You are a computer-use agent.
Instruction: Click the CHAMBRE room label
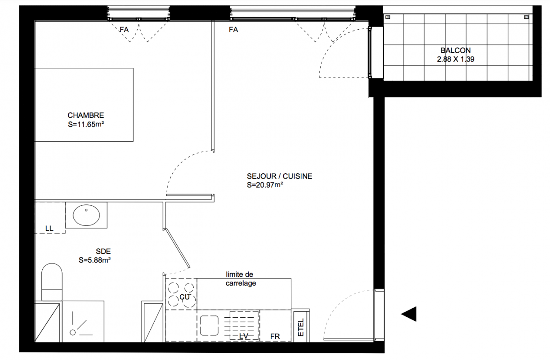pyautogui.click(x=86, y=115)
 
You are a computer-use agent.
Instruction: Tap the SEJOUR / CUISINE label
pyautogui.click(x=279, y=176)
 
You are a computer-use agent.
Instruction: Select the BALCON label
pyautogui.click(x=456, y=50)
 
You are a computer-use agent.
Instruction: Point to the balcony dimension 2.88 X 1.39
pyautogui.click(x=456, y=59)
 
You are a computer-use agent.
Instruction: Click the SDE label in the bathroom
pyautogui.click(x=103, y=252)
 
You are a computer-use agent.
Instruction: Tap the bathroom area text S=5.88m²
pyautogui.click(x=94, y=260)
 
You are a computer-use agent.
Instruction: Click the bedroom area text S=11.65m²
pyautogui.click(x=86, y=124)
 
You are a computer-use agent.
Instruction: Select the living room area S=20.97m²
pyautogui.click(x=265, y=185)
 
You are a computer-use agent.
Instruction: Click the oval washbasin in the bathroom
pyautogui.click(x=86, y=215)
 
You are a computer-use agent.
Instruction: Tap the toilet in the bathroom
pyautogui.click(x=52, y=282)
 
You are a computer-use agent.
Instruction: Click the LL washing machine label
pyautogui.click(x=49, y=229)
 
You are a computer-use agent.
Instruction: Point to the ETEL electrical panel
pyautogui.click(x=301, y=327)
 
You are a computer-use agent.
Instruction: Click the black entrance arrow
pyautogui.click(x=409, y=314)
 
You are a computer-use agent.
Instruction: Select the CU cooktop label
pyautogui.click(x=185, y=297)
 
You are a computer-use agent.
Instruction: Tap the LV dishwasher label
pyautogui.click(x=244, y=336)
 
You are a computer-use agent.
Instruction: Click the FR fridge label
pyautogui.click(x=275, y=336)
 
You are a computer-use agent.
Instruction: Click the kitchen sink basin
pyautogui.click(x=209, y=325)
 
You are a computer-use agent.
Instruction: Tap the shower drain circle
pyautogui.click(x=72, y=333)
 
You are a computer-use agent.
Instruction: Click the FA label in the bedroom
pyautogui.click(x=124, y=30)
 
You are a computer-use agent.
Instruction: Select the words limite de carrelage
pyautogui.click(x=241, y=279)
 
